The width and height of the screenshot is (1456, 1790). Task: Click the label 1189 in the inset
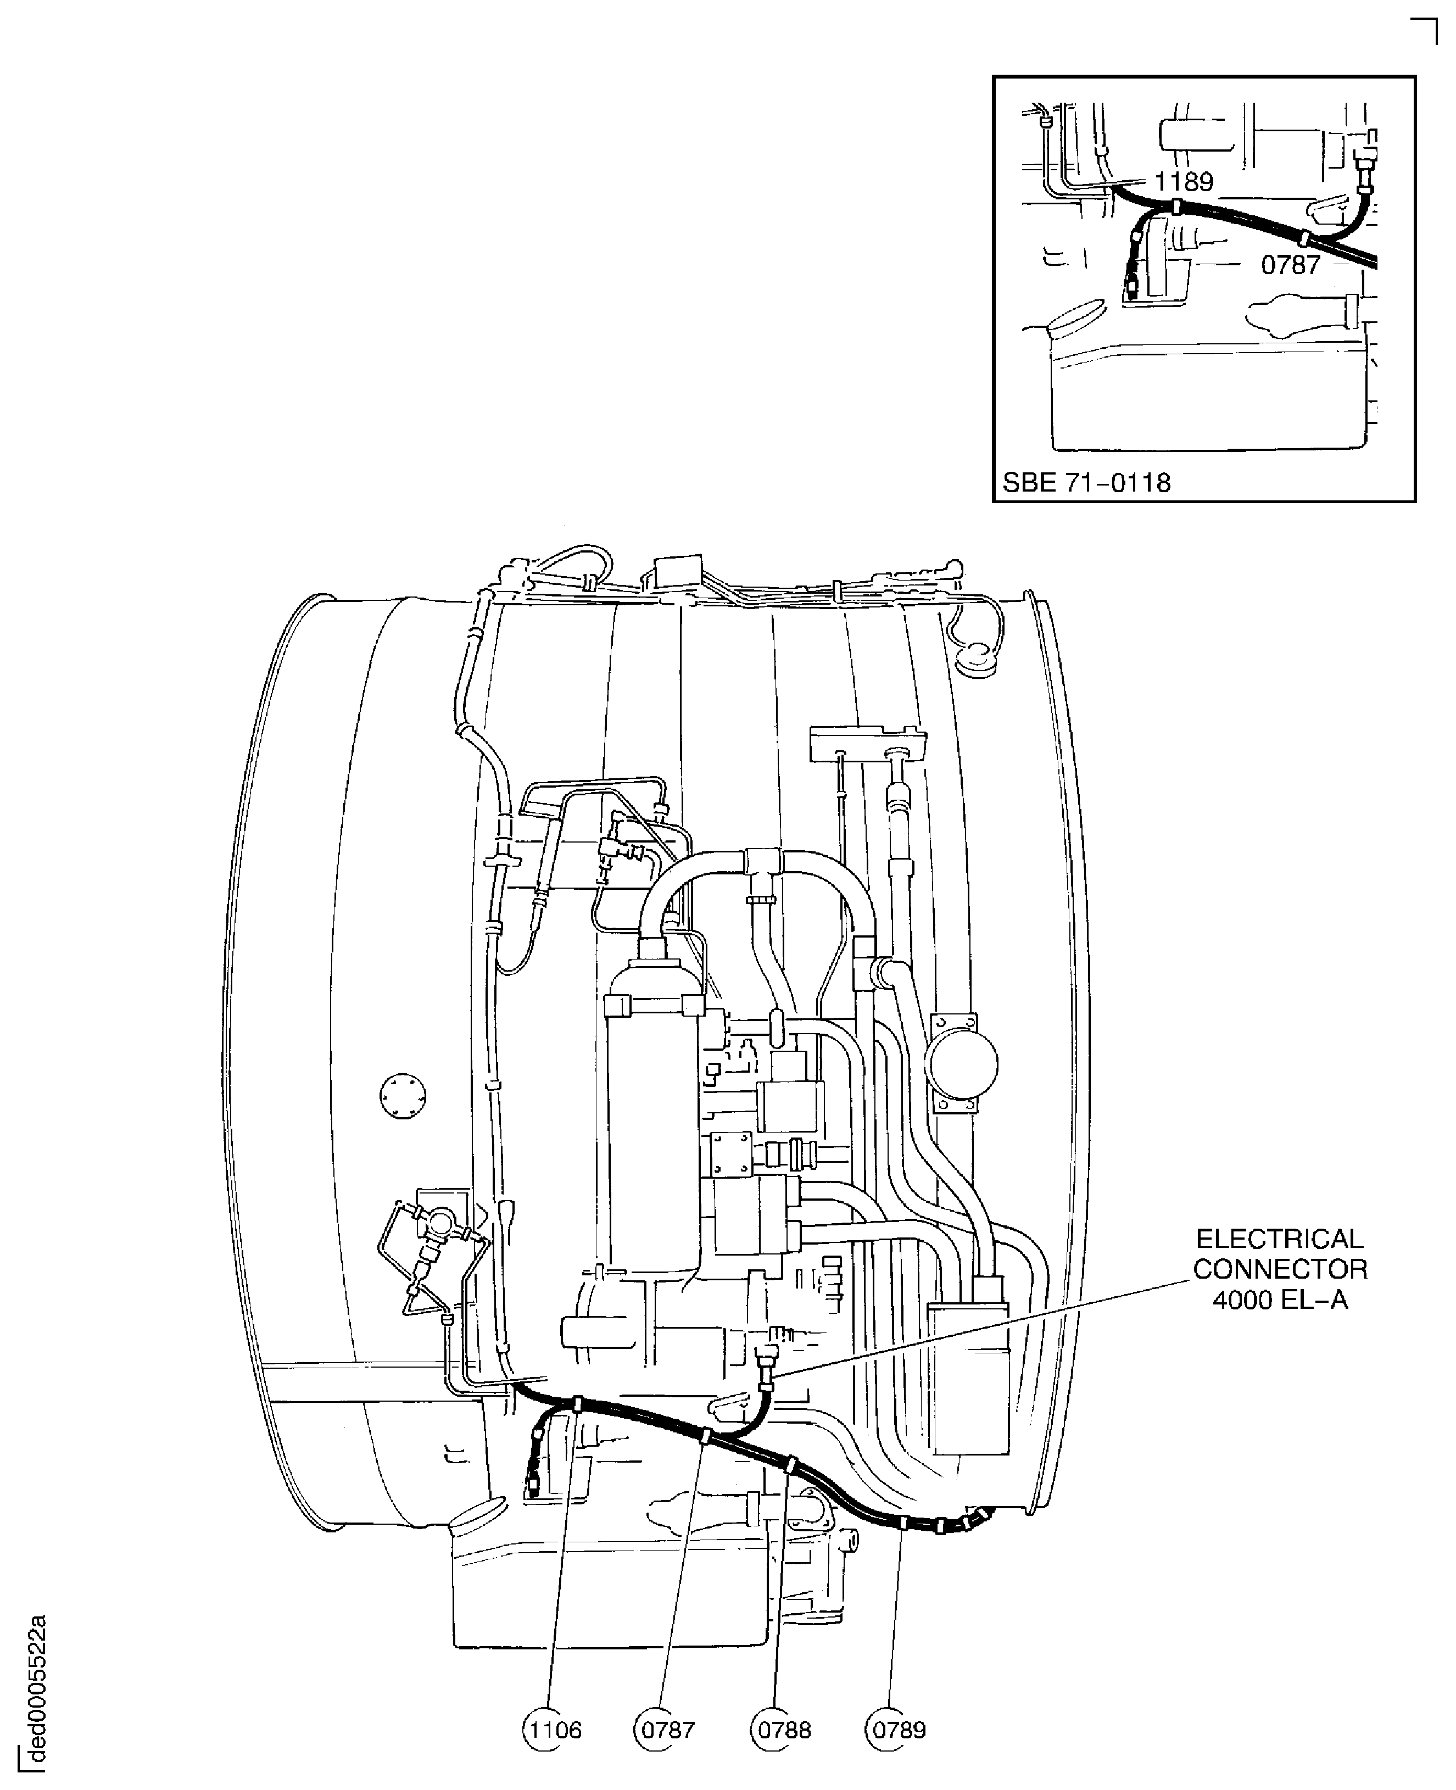coord(1184,181)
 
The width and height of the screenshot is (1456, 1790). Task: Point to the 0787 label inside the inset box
coord(1291,265)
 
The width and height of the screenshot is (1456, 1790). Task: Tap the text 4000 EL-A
coord(1280,1300)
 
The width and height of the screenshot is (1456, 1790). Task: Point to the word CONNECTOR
coord(1280,1269)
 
